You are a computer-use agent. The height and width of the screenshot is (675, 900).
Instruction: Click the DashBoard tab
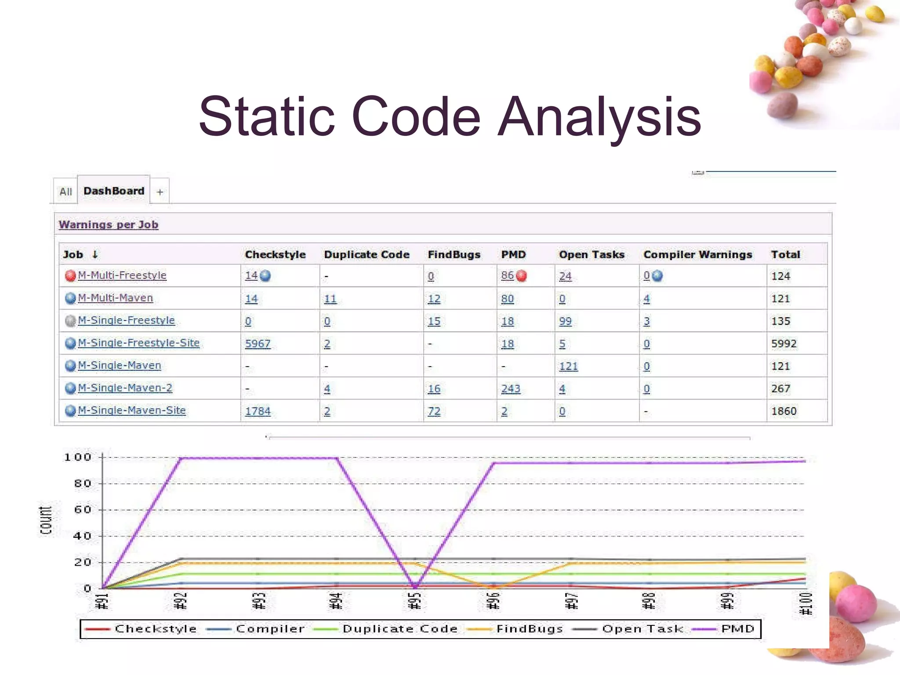[114, 191]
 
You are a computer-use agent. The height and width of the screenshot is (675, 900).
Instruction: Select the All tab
[65, 192]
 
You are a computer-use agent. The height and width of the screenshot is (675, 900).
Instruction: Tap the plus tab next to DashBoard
[160, 192]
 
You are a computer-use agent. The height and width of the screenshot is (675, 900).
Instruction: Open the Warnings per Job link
[109, 225]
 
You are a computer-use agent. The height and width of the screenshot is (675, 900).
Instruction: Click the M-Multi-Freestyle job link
[122, 276]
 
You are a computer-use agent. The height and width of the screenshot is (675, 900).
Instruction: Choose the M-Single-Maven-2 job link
[125, 388]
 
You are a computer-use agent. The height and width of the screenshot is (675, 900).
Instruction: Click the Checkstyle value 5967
[258, 344]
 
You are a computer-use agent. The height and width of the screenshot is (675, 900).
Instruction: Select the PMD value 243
[511, 388]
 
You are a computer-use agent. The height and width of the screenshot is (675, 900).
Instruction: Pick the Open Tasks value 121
[568, 366]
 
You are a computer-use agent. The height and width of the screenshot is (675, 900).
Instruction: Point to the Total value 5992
[784, 344]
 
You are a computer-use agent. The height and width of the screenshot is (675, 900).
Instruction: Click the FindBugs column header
[454, 254]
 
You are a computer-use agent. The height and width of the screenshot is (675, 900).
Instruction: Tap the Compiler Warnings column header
[697, 254]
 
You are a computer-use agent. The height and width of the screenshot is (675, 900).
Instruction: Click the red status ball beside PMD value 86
[522, 276]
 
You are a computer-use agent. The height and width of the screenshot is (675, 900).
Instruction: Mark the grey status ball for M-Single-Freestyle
[70, 321]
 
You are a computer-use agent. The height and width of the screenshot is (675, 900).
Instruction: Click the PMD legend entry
[737, 629]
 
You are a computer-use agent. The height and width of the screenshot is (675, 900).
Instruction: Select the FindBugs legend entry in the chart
[530, 629]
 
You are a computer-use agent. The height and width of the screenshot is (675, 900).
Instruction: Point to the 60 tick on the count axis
[83, 510]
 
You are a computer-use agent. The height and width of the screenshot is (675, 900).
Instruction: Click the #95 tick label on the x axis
[415, 601]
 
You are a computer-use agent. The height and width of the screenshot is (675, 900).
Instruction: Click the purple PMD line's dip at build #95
[415, 586]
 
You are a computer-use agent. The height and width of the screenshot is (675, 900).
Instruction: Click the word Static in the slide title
[266, 117]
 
